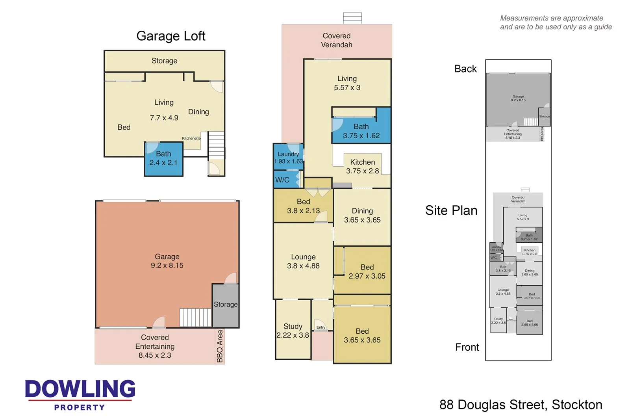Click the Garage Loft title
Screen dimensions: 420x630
(170, 36)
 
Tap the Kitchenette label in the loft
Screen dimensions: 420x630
(191, 138)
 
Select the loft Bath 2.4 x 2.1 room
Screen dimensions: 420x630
(163, 158)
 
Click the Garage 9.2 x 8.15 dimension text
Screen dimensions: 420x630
(167, 266)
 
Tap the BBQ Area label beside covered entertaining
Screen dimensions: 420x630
(220, 346)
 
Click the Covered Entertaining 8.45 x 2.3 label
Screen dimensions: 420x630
(155, 346)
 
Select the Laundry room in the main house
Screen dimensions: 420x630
(288, 157)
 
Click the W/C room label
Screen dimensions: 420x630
(282, 180)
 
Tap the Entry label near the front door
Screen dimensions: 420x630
(321, 327)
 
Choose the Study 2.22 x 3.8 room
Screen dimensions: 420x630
(293, 331)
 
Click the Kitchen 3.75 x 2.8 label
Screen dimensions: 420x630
(362, 166)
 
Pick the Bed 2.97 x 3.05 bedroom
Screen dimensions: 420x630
(367, 271)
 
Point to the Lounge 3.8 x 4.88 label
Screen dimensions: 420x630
(303, 261)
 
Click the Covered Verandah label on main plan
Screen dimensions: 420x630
(336, 40)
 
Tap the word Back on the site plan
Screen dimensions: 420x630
(465, 69)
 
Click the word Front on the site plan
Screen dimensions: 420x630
(467, 347)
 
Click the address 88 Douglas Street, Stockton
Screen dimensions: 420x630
(521, 405)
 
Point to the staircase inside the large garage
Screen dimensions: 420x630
(196, 317)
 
